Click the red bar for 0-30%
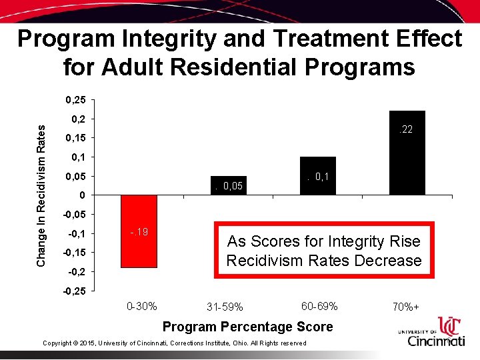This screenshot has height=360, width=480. pos(139,231)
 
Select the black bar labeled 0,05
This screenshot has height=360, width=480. pos(228,186)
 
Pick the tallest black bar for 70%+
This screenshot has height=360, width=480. pos(407,153)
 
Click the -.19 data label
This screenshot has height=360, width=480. pos(139,232)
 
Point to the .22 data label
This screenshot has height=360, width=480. pos(405,129)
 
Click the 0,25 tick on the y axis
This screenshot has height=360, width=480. pos(75,100)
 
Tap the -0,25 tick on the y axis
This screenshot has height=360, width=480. pos(73,291)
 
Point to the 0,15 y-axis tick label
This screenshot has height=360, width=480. pos(75,138)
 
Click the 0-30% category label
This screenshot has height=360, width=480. pos(141,306)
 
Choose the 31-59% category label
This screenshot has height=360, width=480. pos(225,307)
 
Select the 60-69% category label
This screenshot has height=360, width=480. pos(319,306)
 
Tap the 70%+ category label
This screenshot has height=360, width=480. pos(406,307)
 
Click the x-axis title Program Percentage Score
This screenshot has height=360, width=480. pos(247,327)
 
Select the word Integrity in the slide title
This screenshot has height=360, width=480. pos(209,39)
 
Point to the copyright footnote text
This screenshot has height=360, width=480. pos(174,343)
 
